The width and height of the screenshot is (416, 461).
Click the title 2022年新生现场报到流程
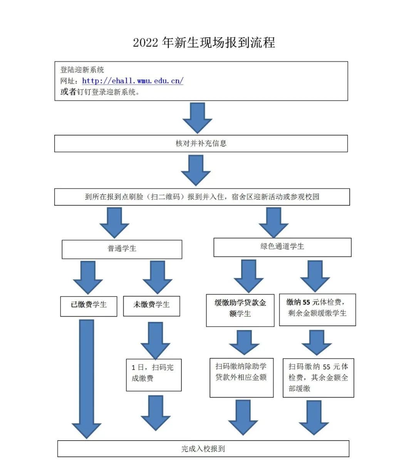pos(204,42)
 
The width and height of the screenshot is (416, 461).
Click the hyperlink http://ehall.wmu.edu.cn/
pos(133,81)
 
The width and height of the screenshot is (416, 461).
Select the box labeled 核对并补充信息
pos(201,144)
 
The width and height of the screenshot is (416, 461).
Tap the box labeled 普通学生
pos(122,249)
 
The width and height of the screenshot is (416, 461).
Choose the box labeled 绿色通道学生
pos(282,247)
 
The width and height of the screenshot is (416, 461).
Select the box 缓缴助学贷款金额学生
pos(240,310)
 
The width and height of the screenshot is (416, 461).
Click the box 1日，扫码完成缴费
pos(154,375)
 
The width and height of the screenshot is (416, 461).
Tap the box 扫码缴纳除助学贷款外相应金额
pos(241,377)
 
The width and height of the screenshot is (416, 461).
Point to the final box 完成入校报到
pos(203,449)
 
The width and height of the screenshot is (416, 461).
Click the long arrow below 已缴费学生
pos(86,377)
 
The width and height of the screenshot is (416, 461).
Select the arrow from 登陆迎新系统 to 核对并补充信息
pos(197,118)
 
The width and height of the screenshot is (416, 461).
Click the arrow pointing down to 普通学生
pos(114,223)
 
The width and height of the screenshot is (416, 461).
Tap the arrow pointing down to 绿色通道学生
pos(273,223)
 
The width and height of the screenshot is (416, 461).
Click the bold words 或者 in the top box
pos(68,92)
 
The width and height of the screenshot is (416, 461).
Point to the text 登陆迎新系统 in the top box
pos(82,70)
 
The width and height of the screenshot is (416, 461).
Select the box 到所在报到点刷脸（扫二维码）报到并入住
pos(202,197)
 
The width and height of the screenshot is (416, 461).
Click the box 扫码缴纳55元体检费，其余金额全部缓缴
pos(318,377)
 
